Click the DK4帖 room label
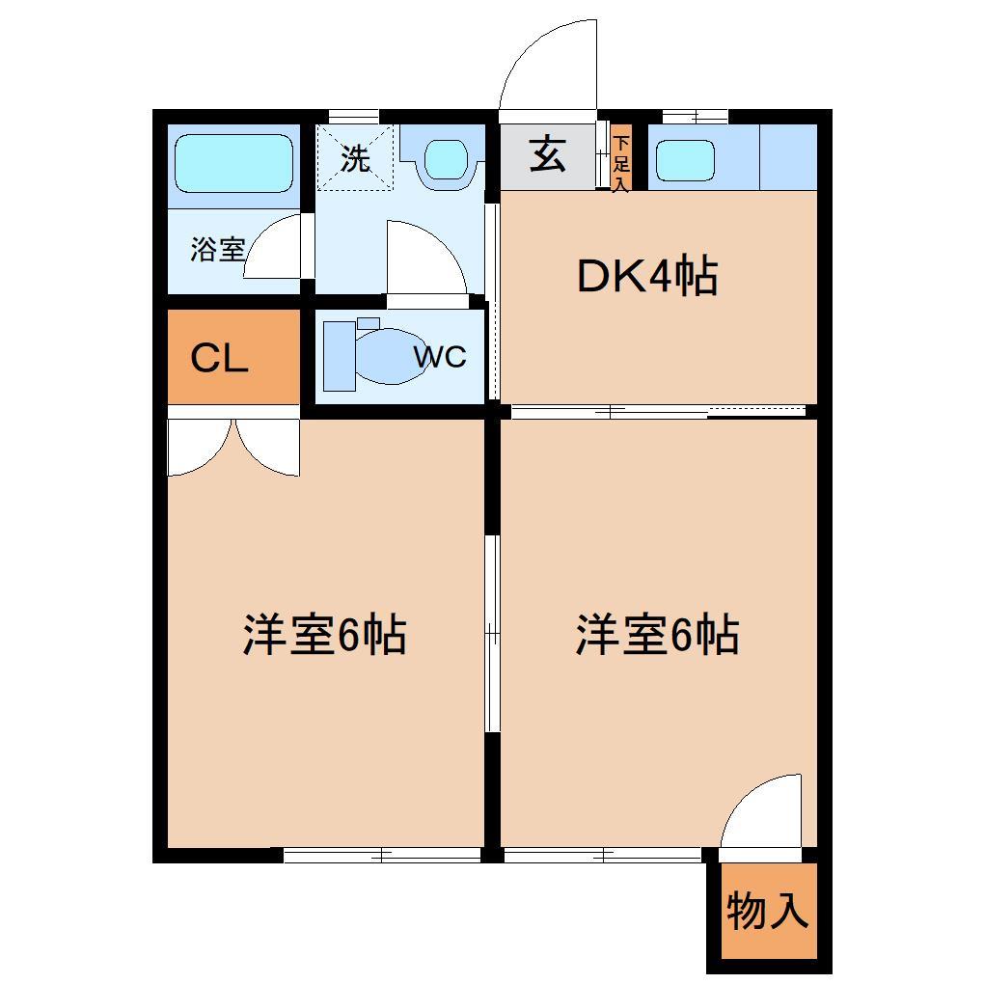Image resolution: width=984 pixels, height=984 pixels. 646,277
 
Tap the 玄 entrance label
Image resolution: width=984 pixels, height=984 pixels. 548,154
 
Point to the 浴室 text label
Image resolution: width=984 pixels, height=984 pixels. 217,250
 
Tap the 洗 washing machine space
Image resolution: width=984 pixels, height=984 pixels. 356,159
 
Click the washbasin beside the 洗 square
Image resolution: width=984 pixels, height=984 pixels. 444,159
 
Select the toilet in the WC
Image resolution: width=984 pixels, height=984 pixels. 381,355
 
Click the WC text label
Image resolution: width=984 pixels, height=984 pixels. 440,357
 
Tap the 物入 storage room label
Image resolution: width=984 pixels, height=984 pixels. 767,911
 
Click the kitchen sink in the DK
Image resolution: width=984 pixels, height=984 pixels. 685,161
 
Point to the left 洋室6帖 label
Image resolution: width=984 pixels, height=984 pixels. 324,636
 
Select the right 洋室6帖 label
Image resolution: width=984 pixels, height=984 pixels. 657,636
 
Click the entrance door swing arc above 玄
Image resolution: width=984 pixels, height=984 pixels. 548,63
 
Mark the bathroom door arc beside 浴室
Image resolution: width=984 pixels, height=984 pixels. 275,246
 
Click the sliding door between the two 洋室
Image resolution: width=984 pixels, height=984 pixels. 492,634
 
